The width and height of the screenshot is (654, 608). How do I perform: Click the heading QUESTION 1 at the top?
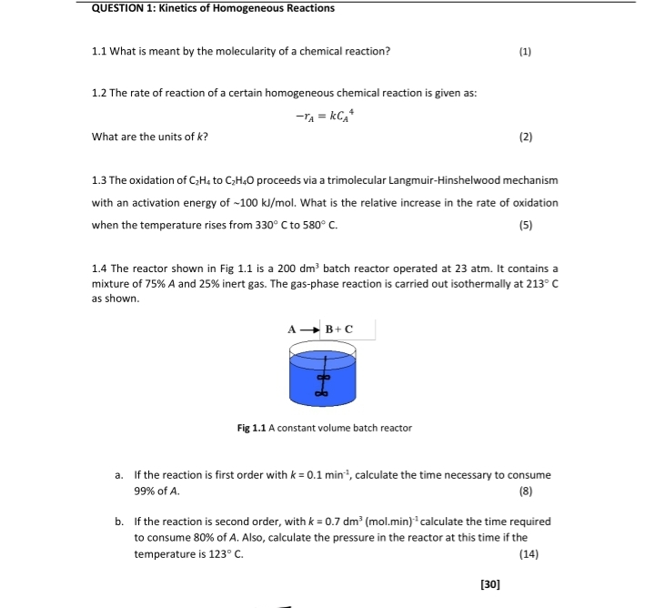click(x=213, y=8)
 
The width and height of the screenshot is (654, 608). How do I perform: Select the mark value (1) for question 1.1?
click(x=525, y=51)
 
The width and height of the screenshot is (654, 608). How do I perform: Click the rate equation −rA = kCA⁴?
click(x=323, y=116)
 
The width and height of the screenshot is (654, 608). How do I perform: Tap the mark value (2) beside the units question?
click(x=525, y=137)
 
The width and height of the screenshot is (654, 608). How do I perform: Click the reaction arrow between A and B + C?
click(x=307, y=329)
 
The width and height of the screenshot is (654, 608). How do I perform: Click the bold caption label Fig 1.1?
click(x=251, y=428)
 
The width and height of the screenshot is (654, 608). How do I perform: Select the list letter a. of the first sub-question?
click(x=119, y=475)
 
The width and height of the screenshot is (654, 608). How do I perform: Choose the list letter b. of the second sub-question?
click(x=119, y=522)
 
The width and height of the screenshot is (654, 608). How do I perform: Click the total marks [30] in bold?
click(x=489, y=583)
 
